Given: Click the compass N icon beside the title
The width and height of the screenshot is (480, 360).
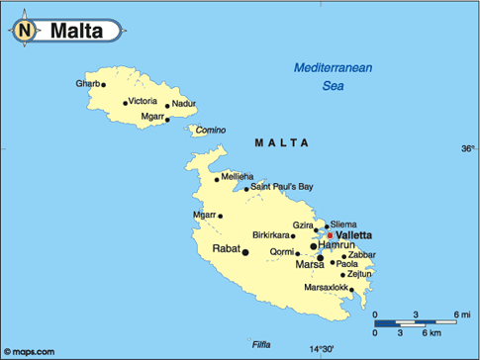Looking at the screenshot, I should tap(25, 31).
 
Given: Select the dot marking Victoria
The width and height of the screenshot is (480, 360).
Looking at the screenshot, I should tap(125, 103).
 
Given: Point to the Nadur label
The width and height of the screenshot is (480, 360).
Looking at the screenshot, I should tap(183, 104).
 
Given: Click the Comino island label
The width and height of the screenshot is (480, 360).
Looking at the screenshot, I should tap(210, 130).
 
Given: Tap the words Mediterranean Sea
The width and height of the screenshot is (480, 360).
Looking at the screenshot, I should tap(333, 76).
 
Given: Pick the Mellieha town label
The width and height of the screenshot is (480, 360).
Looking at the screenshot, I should tap(238, 176).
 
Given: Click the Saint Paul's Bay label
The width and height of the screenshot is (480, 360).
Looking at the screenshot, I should tap(281, 186).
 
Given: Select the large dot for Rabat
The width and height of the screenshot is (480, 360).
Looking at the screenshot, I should tap(245, 252).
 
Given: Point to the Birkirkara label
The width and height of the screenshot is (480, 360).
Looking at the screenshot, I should tap(272, 235).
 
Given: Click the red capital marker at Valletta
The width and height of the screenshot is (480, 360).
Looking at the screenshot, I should tap(331, 234).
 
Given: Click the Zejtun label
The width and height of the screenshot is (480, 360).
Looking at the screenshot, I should tap(359, 274).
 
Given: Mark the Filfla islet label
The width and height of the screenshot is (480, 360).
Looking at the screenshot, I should tap(261, 344).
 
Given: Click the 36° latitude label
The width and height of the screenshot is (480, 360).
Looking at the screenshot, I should tap(467, 149).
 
